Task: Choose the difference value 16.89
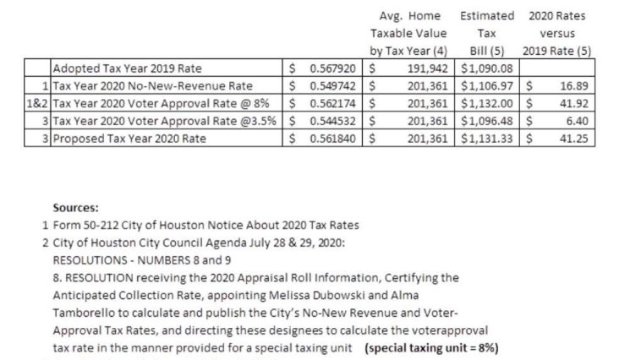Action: click(573, 85)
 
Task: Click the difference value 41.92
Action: click(573, 102)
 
